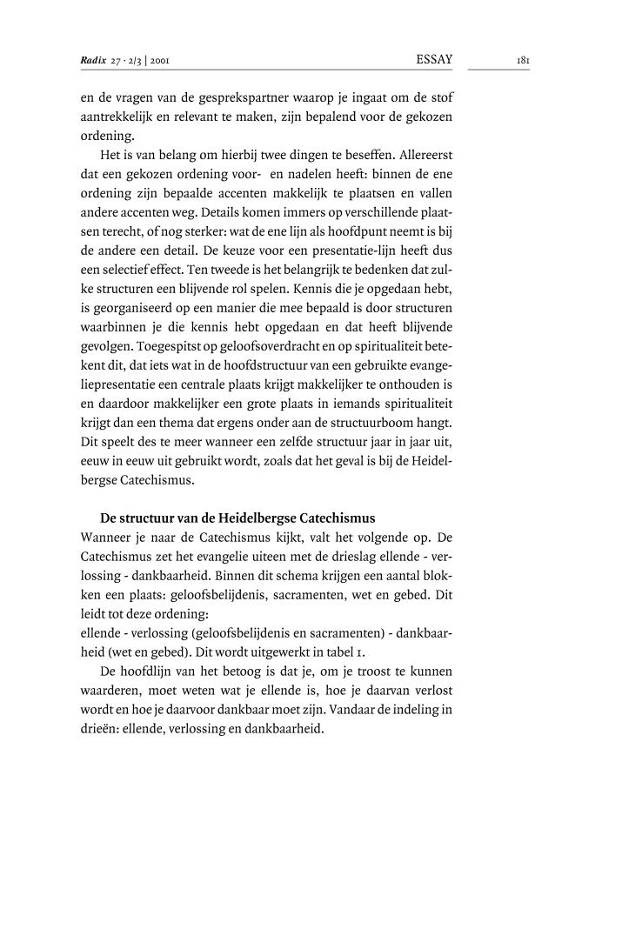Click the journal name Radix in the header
pos(92,61)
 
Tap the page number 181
pos(523,61)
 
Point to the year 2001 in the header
pos(165,61)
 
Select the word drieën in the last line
pos(98,730)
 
